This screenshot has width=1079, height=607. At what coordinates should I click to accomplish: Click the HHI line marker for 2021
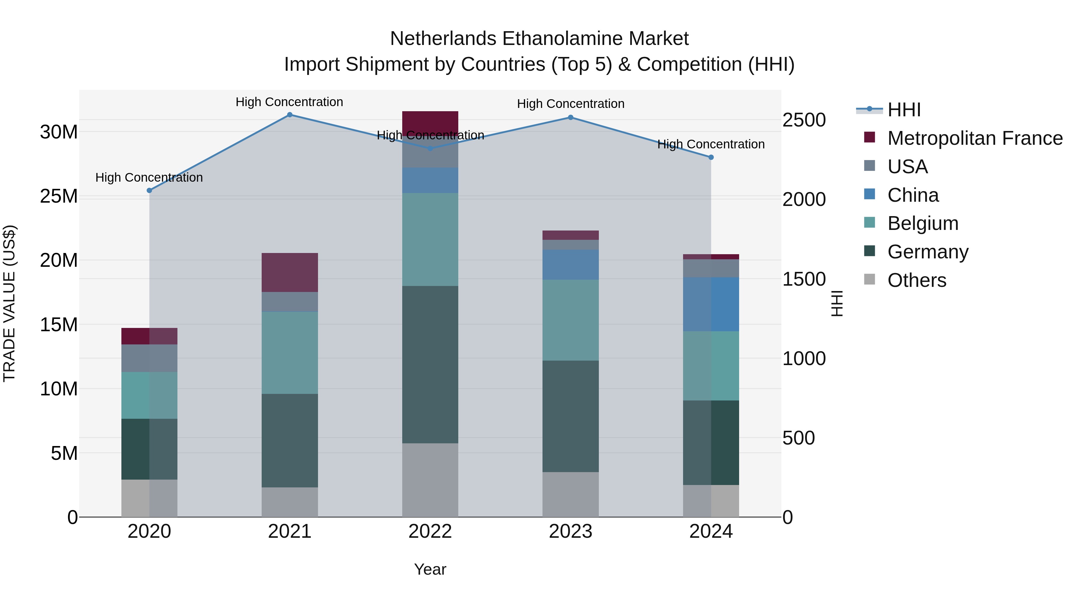tap(290, 115)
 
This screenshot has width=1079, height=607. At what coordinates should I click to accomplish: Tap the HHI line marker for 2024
tap(711, 157)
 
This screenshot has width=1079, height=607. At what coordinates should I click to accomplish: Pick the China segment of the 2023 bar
tap(570, 265)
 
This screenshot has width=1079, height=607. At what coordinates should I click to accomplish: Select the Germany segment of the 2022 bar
tap(430, 364)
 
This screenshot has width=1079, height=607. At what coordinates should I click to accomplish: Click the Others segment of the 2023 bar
tap(570, 495)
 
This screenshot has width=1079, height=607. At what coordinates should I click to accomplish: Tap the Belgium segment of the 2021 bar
tap(290, 353)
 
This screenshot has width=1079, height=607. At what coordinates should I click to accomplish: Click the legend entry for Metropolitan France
tap(975, 138)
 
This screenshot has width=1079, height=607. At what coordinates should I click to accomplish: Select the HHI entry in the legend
tap(904, 110)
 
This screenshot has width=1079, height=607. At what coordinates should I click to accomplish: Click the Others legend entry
tap(917, 280)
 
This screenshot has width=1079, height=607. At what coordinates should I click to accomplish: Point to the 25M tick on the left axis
tap(59, 196)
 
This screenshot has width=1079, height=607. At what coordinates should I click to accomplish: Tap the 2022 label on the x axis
tap(430, 531)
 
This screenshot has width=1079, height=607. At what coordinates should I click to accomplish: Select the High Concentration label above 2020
tap(149, 178)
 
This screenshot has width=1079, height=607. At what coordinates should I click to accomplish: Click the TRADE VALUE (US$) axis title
tap(9, 303)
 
